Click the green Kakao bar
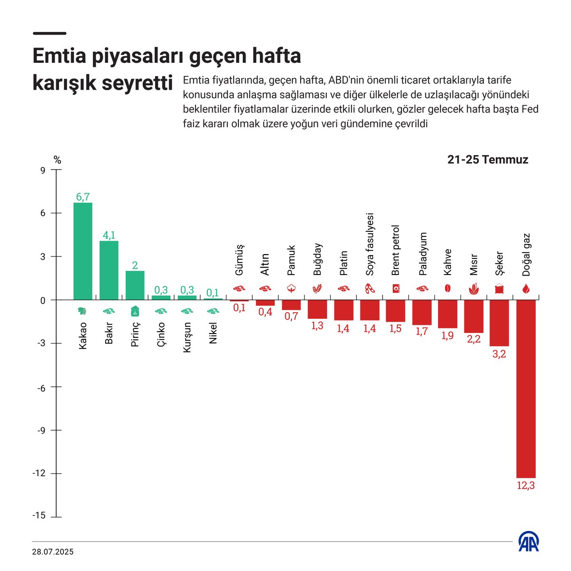83,251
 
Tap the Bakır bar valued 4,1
109,270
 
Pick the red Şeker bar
499,323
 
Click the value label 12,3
526,486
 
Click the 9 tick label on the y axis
42,170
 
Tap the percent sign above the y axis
57,160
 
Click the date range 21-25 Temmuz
488,160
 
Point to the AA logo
529,542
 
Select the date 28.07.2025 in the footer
53,552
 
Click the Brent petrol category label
395,251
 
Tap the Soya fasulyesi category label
370,245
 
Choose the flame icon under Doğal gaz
526,289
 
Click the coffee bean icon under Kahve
447,288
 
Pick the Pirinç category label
135,334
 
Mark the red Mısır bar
473,316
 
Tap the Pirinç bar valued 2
135,285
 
